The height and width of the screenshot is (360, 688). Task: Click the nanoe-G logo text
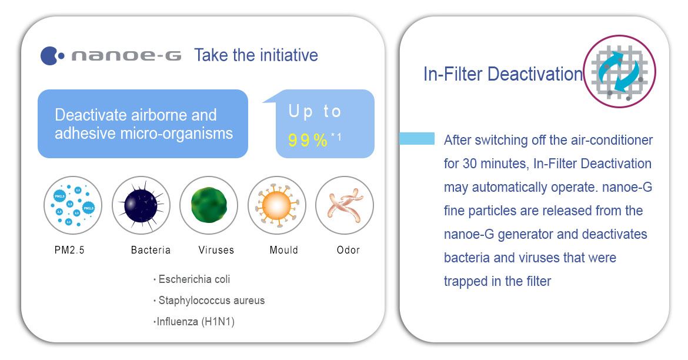[x=126, y=56]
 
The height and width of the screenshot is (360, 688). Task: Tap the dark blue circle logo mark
[x=49, y=56]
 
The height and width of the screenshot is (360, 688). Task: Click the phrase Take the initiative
[x=256, y=55]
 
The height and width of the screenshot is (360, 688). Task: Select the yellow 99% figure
[x=308, y=140]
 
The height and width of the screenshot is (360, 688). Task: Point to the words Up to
[x=315, y=112]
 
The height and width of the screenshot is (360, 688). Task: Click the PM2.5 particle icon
[x=73, y=205]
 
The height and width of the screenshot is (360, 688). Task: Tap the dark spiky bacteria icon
[x=141, y=205]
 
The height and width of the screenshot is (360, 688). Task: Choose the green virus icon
[x=209, y=205]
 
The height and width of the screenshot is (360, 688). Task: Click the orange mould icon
[x=277, y=205]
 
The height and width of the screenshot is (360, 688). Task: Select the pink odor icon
[x=345, y=205]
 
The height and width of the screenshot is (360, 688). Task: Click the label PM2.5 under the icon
[x=69, y=250]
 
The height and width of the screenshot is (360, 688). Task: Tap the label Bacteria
[x=151, y=250]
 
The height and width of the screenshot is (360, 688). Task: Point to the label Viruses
[x=216, y=250]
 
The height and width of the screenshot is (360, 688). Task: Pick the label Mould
[x=284, y=250]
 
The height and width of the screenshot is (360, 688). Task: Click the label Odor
[x=348, y=250]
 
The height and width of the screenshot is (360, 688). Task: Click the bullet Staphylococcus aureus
[x=209, y=300]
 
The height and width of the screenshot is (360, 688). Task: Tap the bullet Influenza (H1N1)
[x=194, y=322]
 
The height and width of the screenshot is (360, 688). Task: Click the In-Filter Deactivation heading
[x=503, y=74]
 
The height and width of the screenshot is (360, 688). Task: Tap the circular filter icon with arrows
[x=620, y=72]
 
